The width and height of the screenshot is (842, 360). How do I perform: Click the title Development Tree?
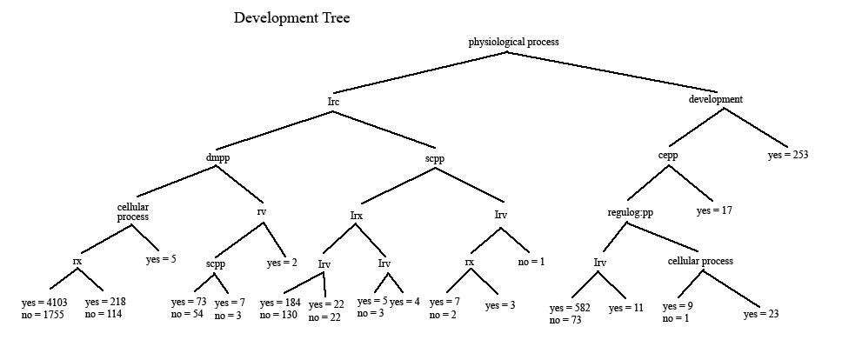pyautogui.click(x=291, y=17)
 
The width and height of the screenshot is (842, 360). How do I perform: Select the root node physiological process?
pyautogui.click(x=513, y=41)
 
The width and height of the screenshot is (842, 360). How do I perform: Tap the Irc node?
pyautogui.click(x=333, y=102)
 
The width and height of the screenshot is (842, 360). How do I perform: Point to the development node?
pyautogui.click(x=715, y=99)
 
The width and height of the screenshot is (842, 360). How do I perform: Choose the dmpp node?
pyautogui.click(x=217, y=157)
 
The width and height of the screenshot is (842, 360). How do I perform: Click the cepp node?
pyautogui.click(x=667, y=156)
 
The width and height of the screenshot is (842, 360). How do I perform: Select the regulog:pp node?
pyautogui.click(x=630, y=212)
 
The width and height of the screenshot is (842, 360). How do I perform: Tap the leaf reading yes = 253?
pyautogui.click(x=788, y=156)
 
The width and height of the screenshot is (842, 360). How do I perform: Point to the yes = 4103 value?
pyautogui.click(x=43, y=302)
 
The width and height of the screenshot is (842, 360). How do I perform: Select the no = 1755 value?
pyautogui.click(x=42, y=314)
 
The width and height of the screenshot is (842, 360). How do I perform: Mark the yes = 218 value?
pyautogui.click(x=105, y=302)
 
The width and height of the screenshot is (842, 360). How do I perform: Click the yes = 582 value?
pyautogui.click(x=570, y=308)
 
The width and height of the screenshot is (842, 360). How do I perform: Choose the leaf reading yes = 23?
pyautogui.click(x=762, y=315)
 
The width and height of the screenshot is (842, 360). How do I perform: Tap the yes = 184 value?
pyautogui.click(x=280, y=302)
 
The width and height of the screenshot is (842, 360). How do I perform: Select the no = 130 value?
pyautogui.click(x=278, y=314)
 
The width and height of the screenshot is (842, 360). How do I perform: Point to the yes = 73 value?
pyautogui.click(x=189, y=302)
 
